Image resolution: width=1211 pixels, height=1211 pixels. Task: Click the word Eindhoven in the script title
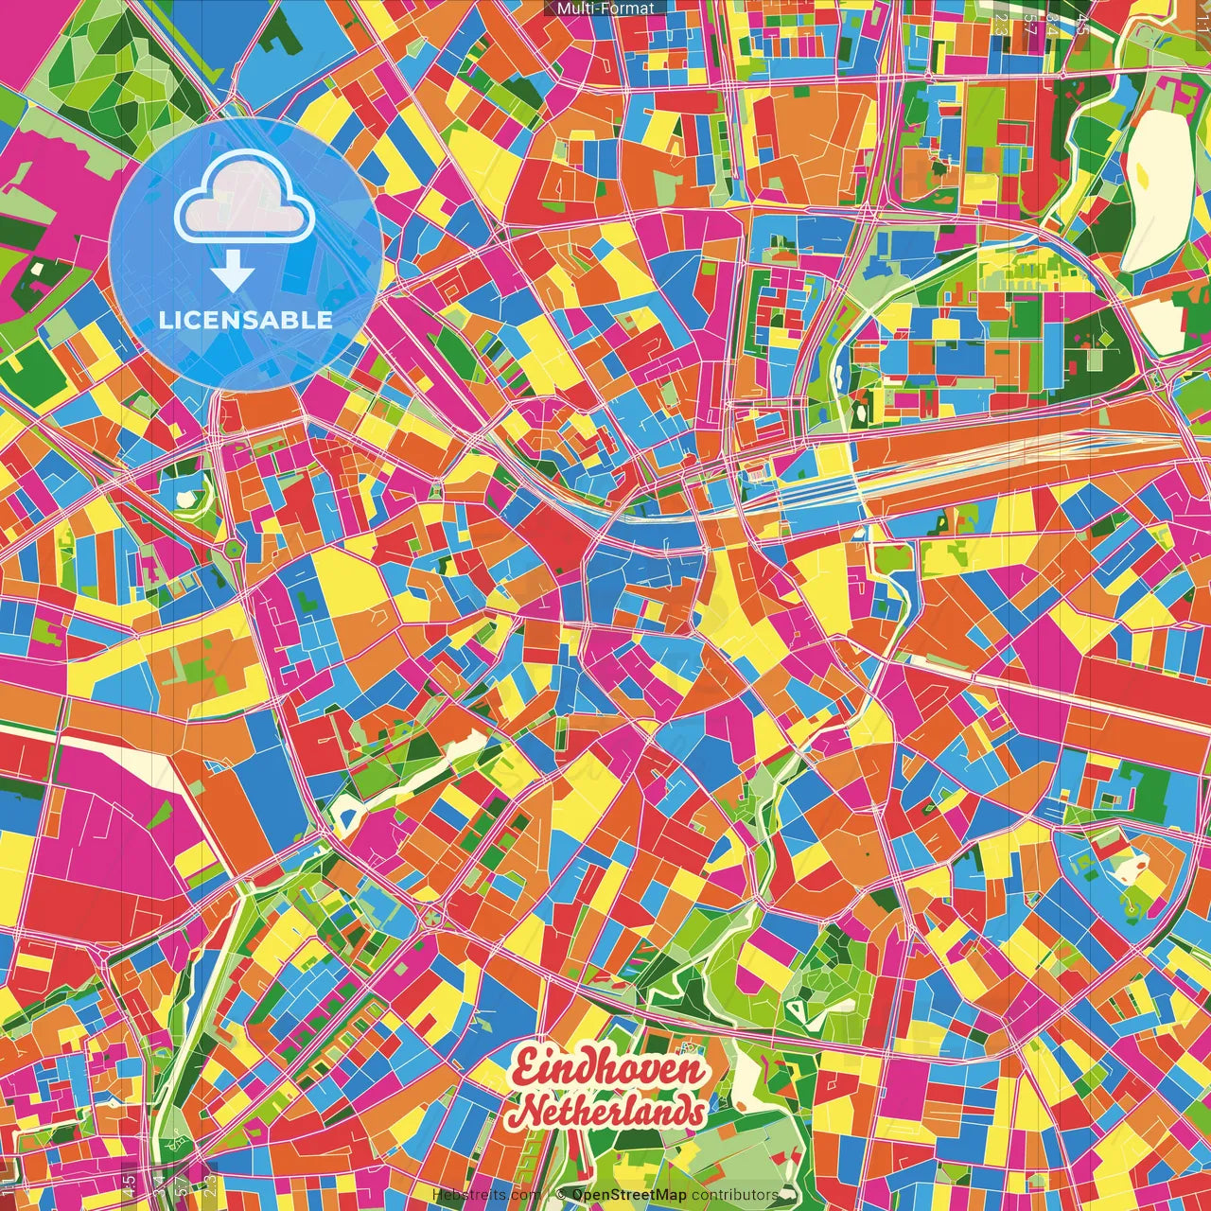(x=608, y=1070)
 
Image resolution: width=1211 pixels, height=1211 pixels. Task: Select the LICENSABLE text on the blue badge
(x=246, y=320)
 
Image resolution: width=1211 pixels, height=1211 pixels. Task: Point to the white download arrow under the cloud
(x=233, y=274)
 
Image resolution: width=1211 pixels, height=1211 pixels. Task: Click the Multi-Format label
(x=605, y=9)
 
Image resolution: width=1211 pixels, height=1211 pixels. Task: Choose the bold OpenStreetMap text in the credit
(x=629, y=1195)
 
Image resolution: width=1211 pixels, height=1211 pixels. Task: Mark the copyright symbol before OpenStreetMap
(x=563, y=1195)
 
